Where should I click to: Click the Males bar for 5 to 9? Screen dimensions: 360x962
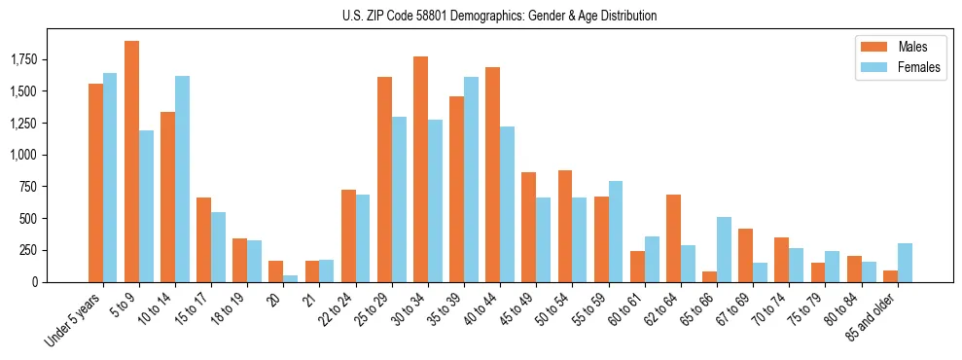(131, 162)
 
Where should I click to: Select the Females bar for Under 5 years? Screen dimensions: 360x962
(110, 177)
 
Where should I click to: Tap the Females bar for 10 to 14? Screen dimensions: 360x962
(183, 179)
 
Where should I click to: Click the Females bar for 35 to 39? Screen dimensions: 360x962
(471, 179)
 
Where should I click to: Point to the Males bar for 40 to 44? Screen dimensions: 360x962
(492, 174)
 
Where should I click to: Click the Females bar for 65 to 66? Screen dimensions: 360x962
(724, 249)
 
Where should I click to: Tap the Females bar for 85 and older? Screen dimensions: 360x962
(905, 263)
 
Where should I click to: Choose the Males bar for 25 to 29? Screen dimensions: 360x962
(384, 179)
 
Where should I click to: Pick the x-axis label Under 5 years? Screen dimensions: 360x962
(73, 319)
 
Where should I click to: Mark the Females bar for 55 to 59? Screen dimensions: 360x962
(616, 232)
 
